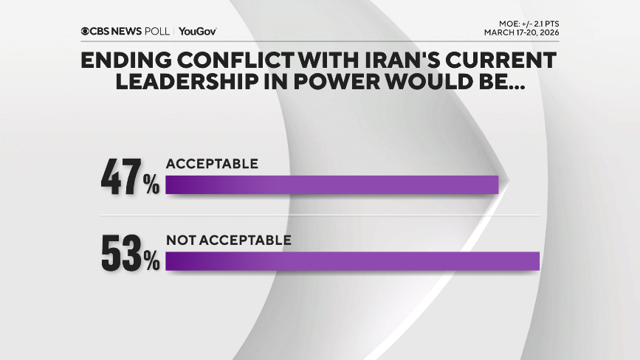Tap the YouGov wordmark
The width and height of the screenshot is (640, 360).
197,31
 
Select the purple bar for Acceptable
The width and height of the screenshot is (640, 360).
332,184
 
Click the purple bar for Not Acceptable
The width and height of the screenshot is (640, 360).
353,261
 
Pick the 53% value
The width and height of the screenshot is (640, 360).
130,254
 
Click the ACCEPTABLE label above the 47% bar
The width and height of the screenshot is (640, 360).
212,164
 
